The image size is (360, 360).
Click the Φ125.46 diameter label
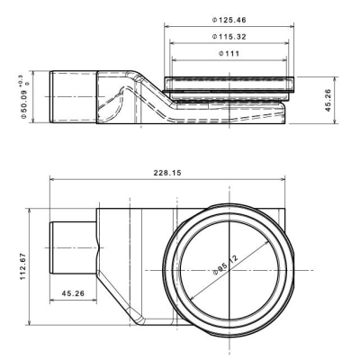point(229,20)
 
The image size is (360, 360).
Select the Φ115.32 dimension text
point(229,37)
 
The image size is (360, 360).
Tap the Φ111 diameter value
point(229,54)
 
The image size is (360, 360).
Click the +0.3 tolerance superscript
point(22,80)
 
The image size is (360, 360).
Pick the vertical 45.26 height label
point(328,100)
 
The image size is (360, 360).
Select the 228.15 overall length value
point(167,173)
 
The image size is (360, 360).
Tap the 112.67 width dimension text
point(23,266)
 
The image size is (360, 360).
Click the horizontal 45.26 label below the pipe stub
point(73,293)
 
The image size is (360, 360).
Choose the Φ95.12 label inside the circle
point(225,265)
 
